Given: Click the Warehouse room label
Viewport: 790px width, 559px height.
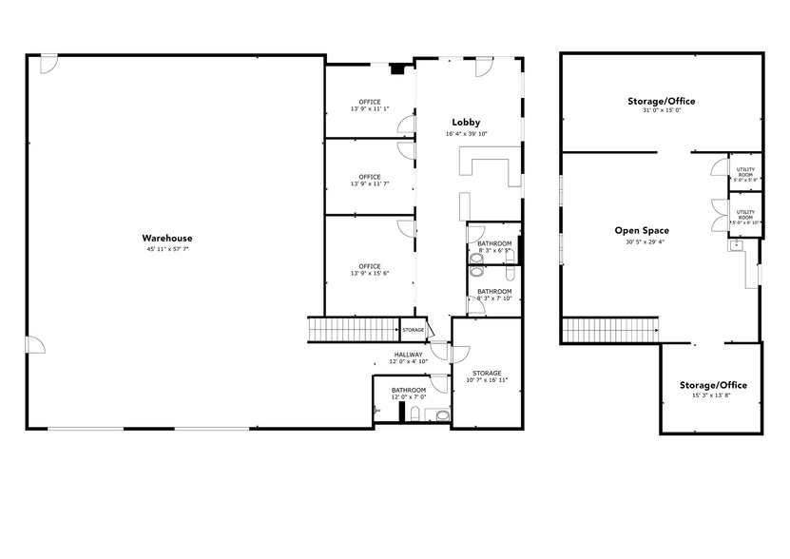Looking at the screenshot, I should click(x=167, y=238).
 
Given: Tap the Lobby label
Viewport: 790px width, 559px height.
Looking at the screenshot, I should click(x=466, y=123).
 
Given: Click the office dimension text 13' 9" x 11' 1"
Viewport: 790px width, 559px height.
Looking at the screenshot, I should click(x=370, y=109).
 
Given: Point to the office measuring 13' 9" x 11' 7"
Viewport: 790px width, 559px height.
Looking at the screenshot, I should click(x=370, y=180).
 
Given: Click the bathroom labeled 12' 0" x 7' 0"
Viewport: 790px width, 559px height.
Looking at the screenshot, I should click(x=409, y=393).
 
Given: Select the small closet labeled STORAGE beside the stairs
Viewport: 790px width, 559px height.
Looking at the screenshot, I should click(x=413, y=330).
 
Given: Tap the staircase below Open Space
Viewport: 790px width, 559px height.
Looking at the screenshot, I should click(x=611, y=330).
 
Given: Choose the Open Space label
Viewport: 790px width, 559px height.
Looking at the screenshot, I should click(x=642, y=230).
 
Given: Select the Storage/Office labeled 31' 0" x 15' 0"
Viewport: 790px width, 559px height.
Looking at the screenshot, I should click(x=662, y=101).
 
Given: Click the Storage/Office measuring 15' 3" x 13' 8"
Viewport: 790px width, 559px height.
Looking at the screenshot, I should click(x=713, y=385).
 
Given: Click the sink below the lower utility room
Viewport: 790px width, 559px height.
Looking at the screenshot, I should click(x=735, y=245).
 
